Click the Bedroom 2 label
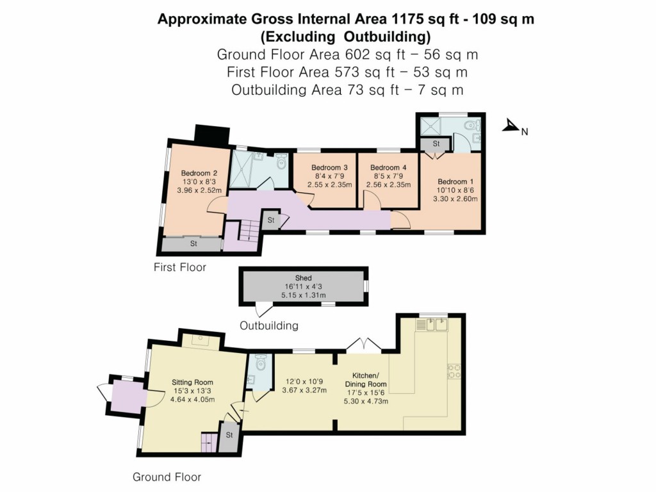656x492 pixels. click(199, 173)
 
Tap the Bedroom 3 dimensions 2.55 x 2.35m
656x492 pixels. click(330, 184)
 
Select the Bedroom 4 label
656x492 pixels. click(388, 167)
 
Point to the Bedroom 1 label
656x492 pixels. click(455, 181)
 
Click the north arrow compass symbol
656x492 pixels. click(511, 126)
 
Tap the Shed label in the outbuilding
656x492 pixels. click(303, 278)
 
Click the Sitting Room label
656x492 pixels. click(192, 382)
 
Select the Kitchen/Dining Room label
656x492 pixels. click(366, 379)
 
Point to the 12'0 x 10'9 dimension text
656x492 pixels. click(304, 382)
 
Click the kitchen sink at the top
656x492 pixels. click(432, 325)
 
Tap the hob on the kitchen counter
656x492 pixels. click(454, 371)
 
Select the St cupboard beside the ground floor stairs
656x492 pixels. click(229, 437)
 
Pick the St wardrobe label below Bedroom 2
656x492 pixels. click(193, 243)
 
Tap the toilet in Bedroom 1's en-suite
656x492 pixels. click(473, 125)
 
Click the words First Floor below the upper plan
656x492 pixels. click(180, 267)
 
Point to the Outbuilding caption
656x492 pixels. click(269, 325)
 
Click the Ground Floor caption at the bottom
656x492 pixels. click(167, 477)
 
